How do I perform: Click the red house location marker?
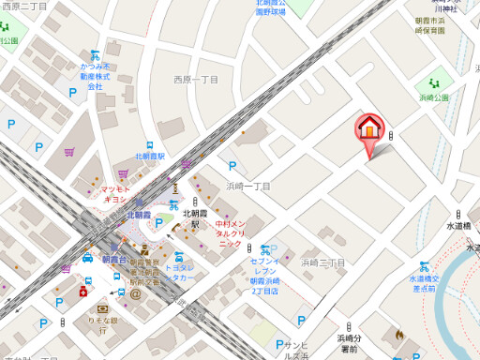pyautogui.click(x=368, y=128)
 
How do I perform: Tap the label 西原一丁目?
pyautogui.click(x=195, y=81)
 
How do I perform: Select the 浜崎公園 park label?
pyautogui.click(x=434, y=97)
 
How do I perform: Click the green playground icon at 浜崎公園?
pyautogui.click(x=433, y=84)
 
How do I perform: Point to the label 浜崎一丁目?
pyautogui.click(x=248, y=187)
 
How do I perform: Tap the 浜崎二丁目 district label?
pyautogui.click(x=323, y=262)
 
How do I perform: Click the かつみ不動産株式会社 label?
pyautogui.click(x=95, y=77)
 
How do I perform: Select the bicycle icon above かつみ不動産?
pyautogui.click(x=95, y=55)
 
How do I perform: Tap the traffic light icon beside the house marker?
pyautogui.click(x=391, y=135)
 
